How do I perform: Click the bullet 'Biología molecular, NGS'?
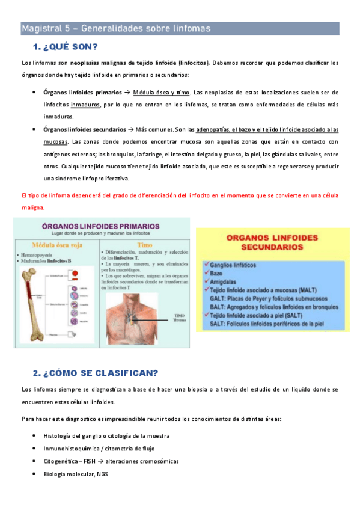pos(76,473)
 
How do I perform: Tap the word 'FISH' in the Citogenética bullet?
pos(93,461)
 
